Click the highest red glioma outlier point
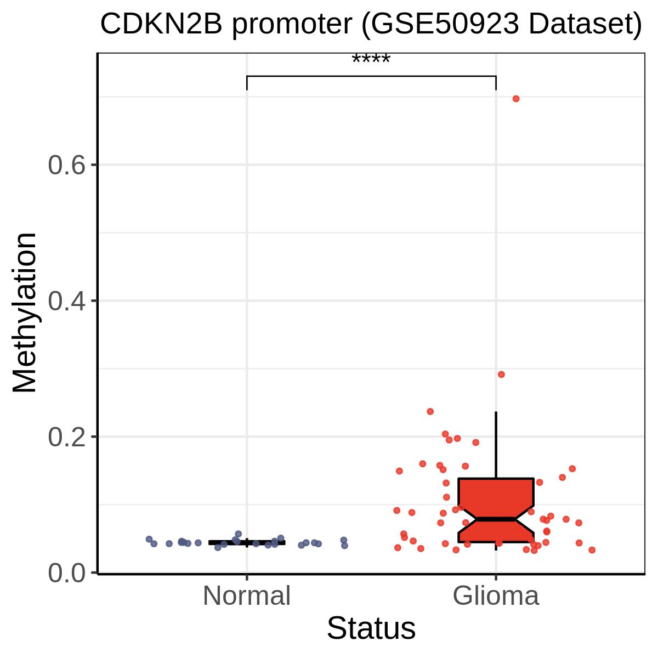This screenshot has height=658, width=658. coord(516,99)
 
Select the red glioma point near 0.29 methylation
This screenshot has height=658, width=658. coord(501,375)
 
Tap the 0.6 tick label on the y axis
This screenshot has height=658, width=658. coord(66,165)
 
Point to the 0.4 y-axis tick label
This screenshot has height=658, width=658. coord(66,301)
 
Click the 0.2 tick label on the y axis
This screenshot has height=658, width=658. coord(66,437)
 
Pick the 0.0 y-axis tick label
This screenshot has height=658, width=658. coord(66,572)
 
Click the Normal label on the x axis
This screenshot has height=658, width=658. coord(247,596)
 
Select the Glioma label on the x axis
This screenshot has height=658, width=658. coord(496,596)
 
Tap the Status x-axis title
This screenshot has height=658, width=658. coord(371,628)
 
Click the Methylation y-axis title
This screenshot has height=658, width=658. coord(24,313)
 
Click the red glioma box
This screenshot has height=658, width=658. coord(496,510)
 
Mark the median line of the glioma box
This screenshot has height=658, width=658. coord(496,519)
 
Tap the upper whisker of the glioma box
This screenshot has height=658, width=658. coord(496,445)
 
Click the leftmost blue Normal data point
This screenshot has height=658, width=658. coord(149,539)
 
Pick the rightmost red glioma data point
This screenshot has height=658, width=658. coord(592,550)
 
